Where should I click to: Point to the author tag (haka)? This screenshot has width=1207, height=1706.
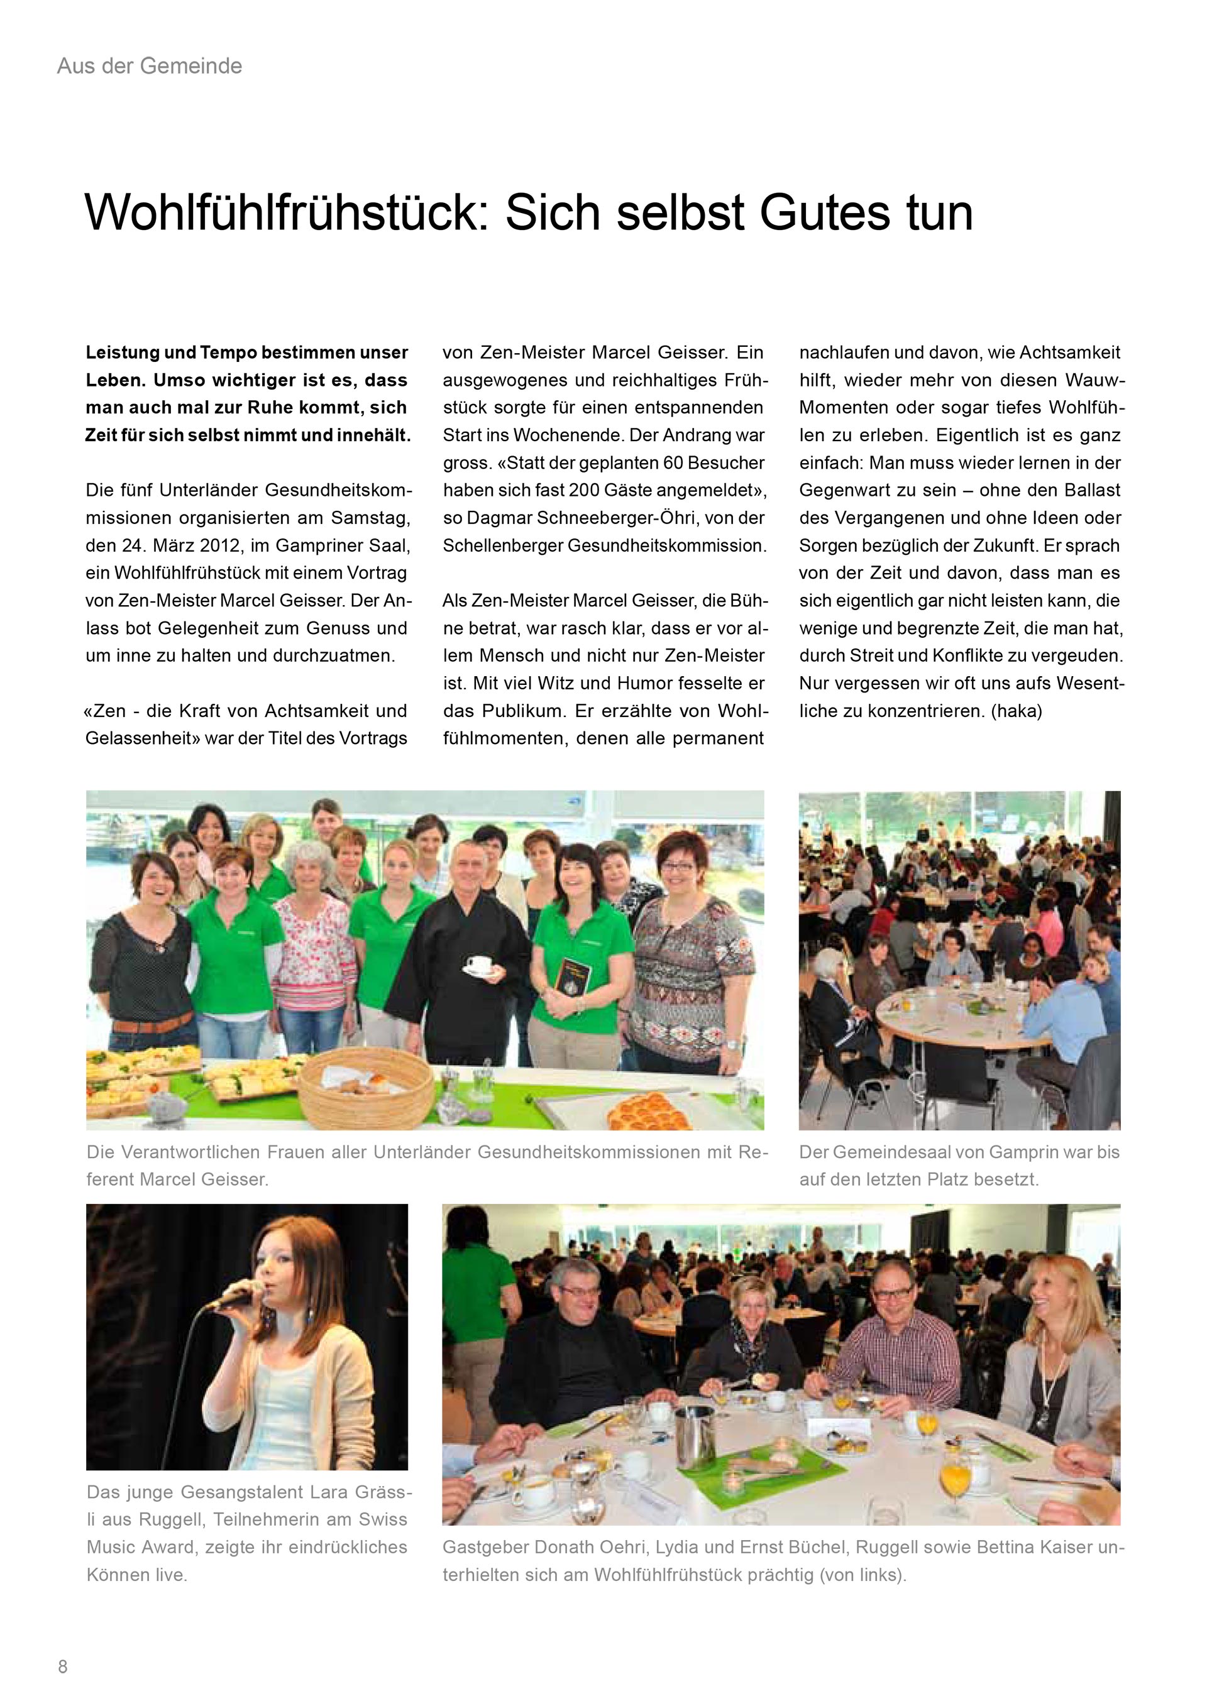coord(1016,711)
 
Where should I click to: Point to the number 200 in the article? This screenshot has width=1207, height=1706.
coord(585,490)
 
